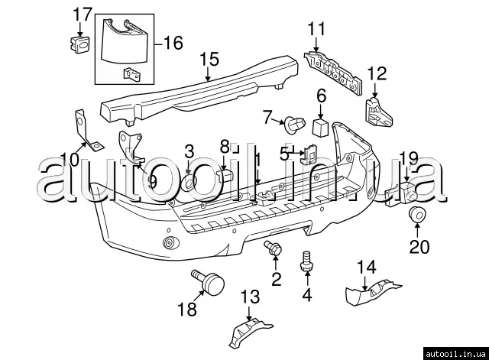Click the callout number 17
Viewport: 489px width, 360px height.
click(x=82, y=14)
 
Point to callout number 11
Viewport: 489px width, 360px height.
click(x=316, y=29)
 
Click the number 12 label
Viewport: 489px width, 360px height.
click(x=377, y=74)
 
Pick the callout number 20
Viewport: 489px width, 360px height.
click(x=419, y=247)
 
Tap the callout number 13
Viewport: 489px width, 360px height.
click(x=250, y=297)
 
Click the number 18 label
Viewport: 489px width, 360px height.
click(x=186, y=309)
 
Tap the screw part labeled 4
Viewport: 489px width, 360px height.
click(x=308, y=260)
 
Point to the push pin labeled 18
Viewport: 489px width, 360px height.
click(x=211, y=285)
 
